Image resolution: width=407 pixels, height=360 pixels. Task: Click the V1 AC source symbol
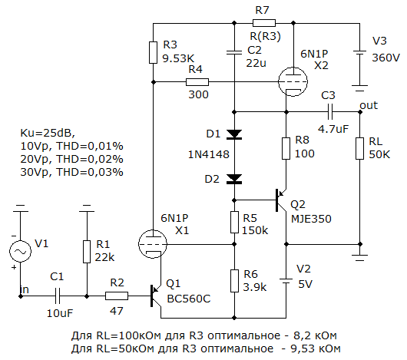[20, 251]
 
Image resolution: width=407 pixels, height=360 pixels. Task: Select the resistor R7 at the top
[264, 23]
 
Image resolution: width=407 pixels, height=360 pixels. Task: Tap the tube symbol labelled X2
[293, 81]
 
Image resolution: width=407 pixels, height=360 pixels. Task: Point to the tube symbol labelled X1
[153, 244]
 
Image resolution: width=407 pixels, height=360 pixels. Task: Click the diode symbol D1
[234, 134]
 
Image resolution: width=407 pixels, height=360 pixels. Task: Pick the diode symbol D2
[234, 179]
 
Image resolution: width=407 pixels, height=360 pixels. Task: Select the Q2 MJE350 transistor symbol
[281, 200]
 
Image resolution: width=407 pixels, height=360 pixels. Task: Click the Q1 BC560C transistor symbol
[156, 296]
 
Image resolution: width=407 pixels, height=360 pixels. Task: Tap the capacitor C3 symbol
[330, 112]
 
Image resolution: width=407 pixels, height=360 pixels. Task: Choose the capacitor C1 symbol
[58, 296]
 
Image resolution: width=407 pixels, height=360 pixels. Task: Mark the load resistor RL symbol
[359, 148]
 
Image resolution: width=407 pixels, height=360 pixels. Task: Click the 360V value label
[386, 58]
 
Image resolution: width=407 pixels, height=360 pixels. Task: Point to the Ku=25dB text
[48, 133]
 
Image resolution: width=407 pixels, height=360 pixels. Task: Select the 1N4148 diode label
[209, 154]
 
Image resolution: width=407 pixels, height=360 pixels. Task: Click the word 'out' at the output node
[369, 105]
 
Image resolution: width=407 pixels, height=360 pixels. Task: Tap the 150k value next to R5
[255, 230]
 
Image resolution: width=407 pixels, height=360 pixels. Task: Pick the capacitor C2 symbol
[234, 53]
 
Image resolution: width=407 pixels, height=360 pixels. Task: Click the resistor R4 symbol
[197, 82]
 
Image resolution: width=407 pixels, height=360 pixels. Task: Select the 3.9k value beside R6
[255, 287]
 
